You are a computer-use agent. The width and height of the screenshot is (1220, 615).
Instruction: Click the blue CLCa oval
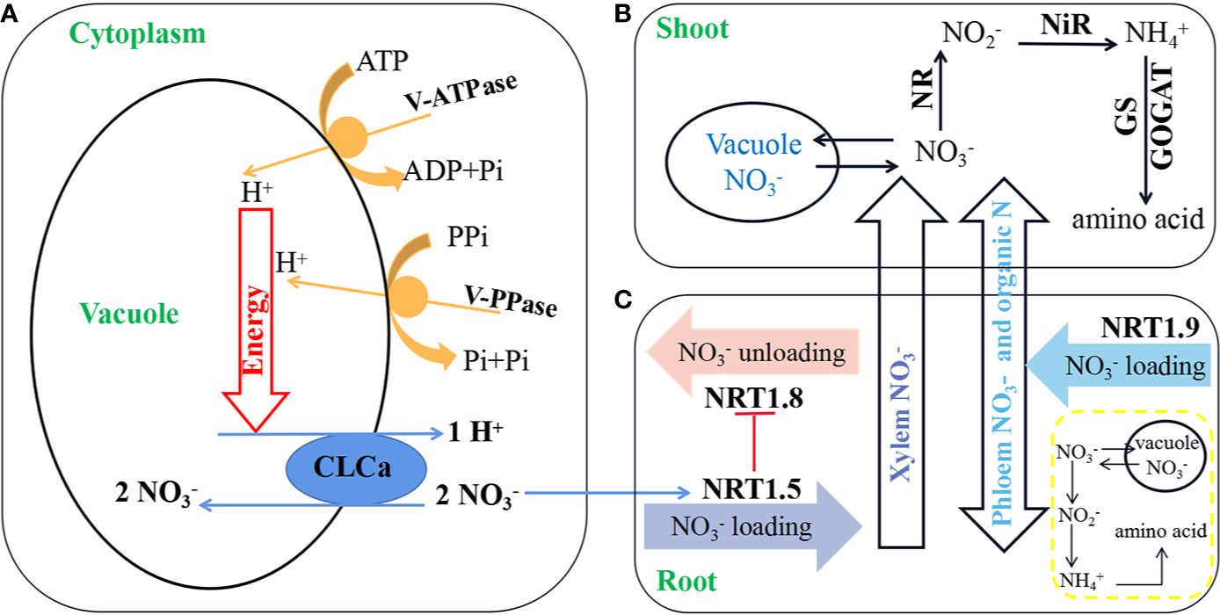[356, 467]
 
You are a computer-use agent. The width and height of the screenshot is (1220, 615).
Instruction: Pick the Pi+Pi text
[494, 359]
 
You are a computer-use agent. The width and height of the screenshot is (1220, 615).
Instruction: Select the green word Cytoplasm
[138, 34]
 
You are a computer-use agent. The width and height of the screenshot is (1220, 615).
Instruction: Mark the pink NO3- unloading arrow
[752, 353]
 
